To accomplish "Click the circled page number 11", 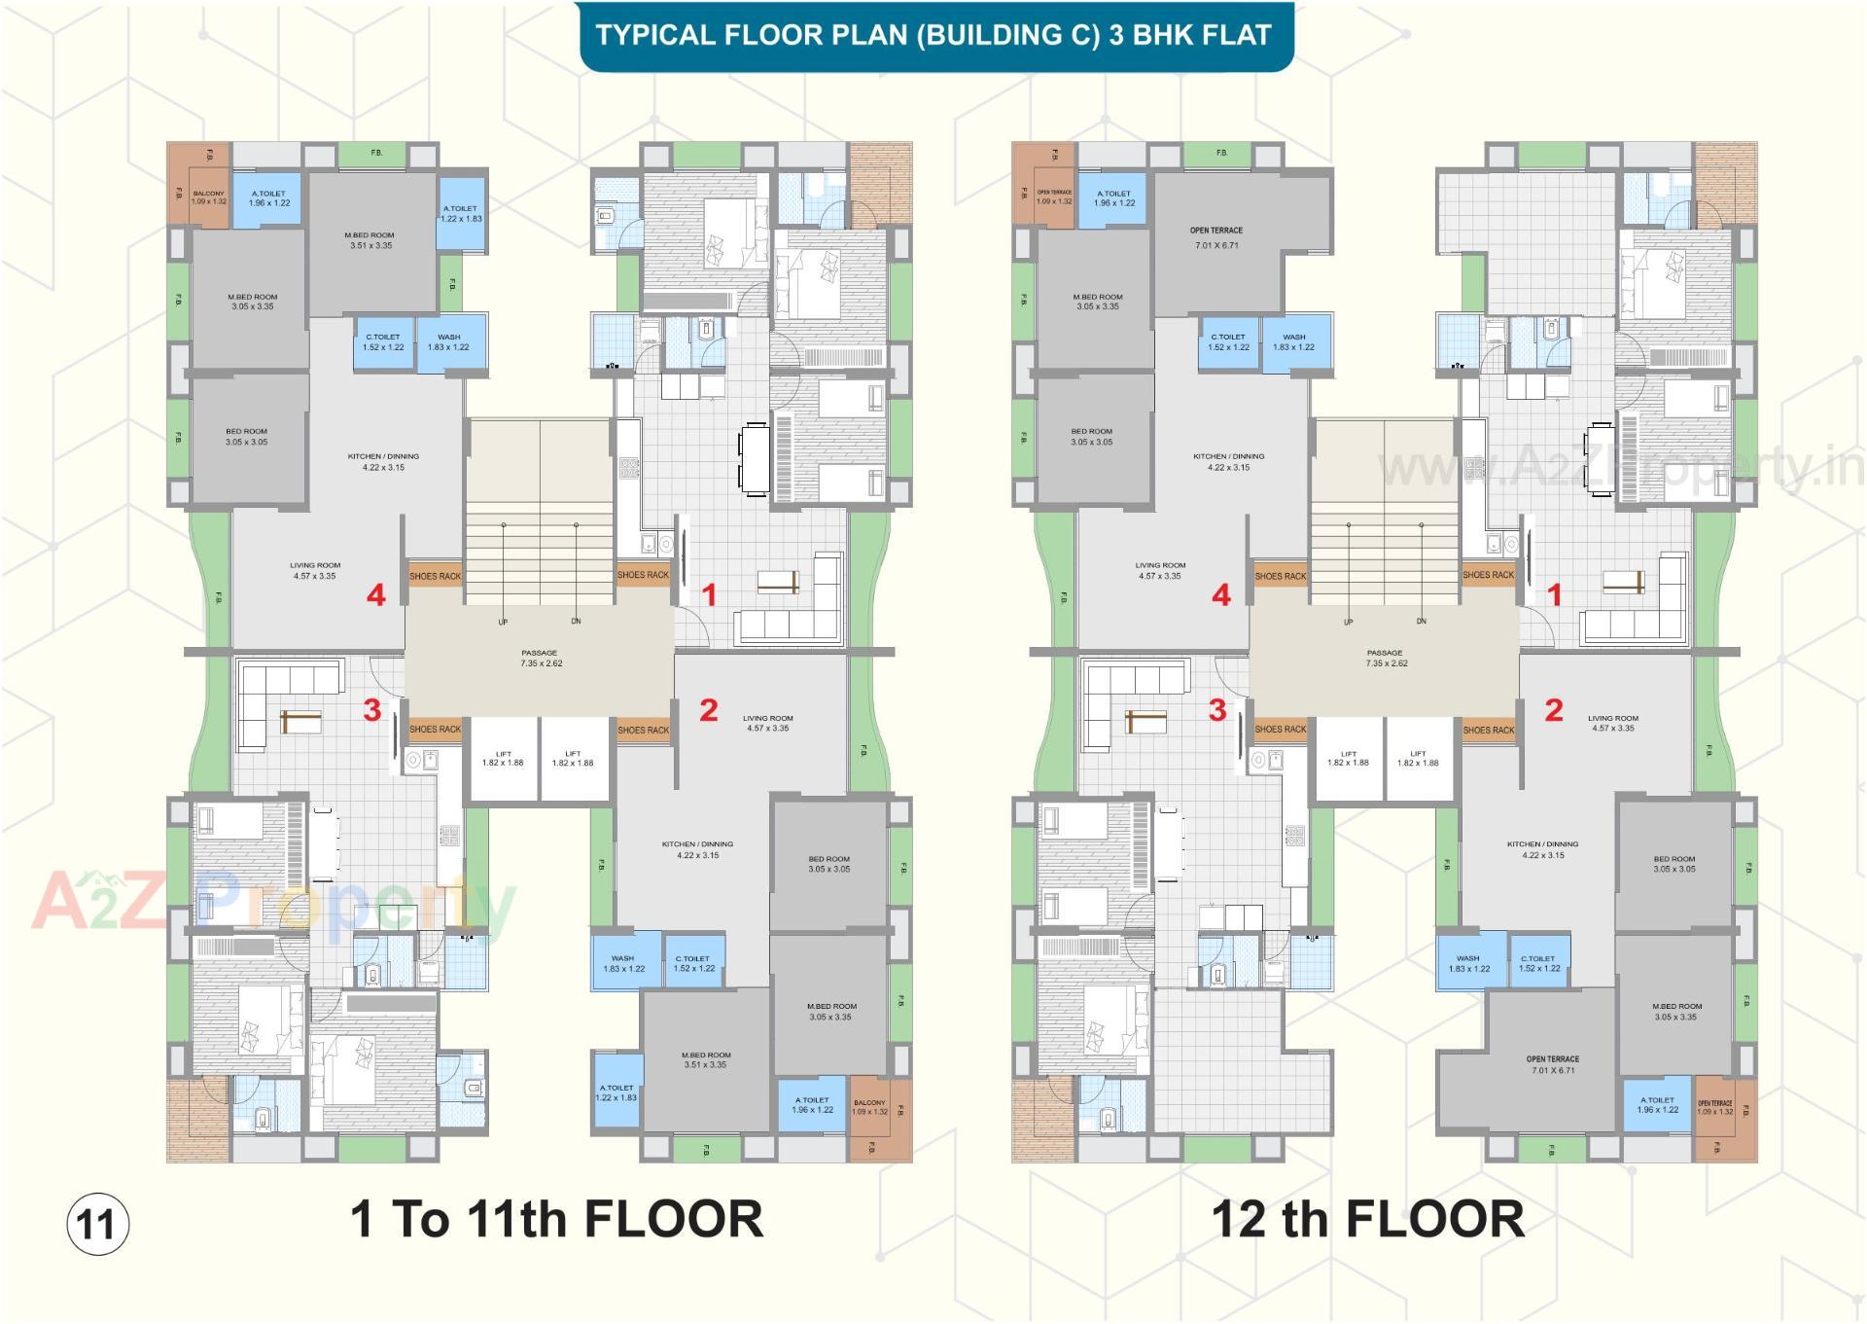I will (x=97, y=1223).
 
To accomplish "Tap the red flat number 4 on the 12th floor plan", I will (x=1221, y=594).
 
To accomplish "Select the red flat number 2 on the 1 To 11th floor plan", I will (x=709, y=710).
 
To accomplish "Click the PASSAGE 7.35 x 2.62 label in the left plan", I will (x=540, y=659).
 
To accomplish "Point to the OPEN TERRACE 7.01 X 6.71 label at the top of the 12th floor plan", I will (x=1215, y=237).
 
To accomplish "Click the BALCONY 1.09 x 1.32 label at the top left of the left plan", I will (x=208, y=197).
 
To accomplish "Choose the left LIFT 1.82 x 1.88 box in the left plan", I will (x=503, y=759).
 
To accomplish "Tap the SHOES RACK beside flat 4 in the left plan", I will (x=435, y=576).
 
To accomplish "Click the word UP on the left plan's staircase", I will (x=503, y=622).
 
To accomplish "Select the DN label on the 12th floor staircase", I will (x=1421, y=621).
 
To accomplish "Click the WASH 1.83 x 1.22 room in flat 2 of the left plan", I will (x=623, y=963).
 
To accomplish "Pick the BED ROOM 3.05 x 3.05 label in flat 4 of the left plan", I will (x=246, y=437).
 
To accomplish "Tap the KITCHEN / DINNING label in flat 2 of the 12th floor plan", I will (x=1542, y=849).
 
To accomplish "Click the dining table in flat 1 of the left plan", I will (x=754, y=458).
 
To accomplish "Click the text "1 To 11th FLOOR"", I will (x=556, y=1219).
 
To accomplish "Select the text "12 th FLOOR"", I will (x=1367, y=1219).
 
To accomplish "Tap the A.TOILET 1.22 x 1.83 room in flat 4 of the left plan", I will (x=460, y=214).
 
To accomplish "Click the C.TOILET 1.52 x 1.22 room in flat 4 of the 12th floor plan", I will (x=1228, y=342).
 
